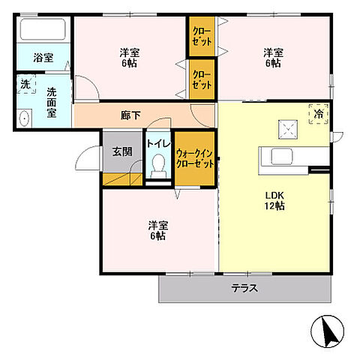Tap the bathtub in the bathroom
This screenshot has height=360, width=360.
[x=43, y=30]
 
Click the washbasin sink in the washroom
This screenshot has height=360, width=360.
[x=25, y=118]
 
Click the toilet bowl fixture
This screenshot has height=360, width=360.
[x=158, y=166]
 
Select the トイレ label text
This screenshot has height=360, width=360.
[x=158, y=143]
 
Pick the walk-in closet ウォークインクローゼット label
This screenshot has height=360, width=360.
[x=195, y=159]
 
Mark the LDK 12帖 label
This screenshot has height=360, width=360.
[x=274, y=200]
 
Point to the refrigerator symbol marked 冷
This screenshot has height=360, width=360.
[x=318, y=114]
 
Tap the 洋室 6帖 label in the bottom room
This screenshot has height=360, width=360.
[x=157, y=229]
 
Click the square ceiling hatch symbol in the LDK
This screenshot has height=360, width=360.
[x=286, y=128]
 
